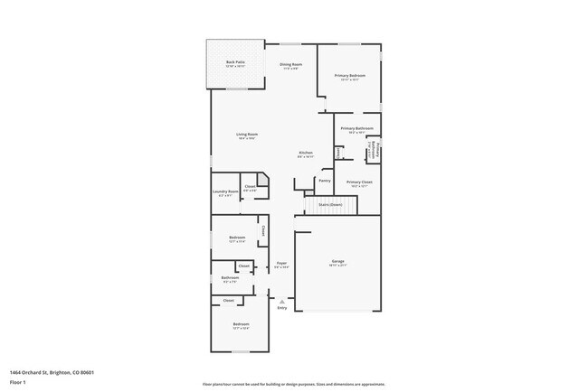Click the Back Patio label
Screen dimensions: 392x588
(x=235, y=62)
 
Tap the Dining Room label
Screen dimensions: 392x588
(x=290, y=64)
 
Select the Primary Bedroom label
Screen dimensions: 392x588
(x=350, y=76)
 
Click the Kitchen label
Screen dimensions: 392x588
(x=307, y=153)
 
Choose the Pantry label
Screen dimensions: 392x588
(x=323, y=180)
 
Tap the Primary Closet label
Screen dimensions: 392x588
(x=359, y=182)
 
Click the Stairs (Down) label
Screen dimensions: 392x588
(x=330, y=204)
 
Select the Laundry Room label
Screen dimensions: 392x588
(x=225, y=191)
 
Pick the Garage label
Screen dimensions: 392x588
(x=337, y=261)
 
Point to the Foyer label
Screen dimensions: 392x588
(x=281, y=264)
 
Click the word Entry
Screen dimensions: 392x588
(x=282, y=308)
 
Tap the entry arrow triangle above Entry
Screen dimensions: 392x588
(x=281, y=301)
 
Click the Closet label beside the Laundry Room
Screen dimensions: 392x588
(x=250, y=187)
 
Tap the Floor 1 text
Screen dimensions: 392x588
(x=18, y=380)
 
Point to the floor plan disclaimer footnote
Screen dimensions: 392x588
(x=293, y=384)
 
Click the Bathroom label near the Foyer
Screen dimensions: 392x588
(x=230, y=277)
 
